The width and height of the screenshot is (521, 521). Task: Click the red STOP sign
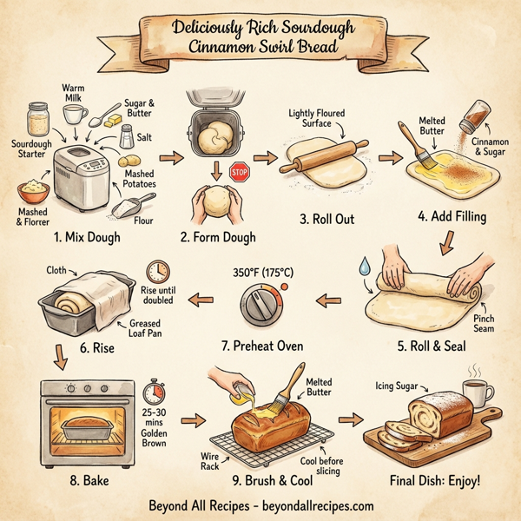point(240,172)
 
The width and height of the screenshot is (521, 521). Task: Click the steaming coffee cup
point(475,392)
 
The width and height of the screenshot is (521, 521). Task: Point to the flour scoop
point(129,208)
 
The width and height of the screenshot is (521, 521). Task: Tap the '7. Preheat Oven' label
point(262,345)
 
